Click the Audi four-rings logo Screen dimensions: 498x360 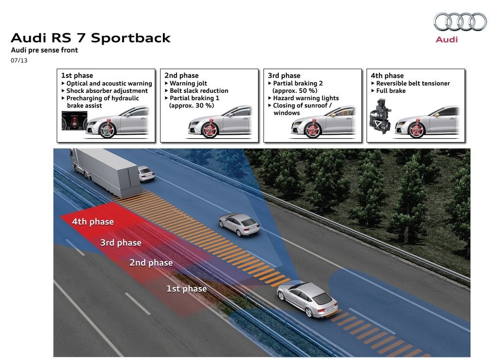(x=460, y=22)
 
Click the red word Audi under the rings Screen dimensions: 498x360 (x=446, y=39)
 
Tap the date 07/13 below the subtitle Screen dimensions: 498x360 (x=19, y=60)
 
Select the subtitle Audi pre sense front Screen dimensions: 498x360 (x=44, y=50)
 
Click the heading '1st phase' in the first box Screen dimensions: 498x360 (x=77, y=75)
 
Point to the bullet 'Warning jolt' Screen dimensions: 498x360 (x=186, y=83)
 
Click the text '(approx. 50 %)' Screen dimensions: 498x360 (x=295, y=90)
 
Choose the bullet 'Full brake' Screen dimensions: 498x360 (x=389, y=90)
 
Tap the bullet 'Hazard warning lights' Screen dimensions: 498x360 (x=303, y=98)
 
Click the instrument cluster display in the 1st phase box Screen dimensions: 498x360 (x=74, y=121)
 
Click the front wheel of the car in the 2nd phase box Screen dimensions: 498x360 (x=210, y=129)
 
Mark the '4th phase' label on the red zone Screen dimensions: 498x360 (x=93, y=221)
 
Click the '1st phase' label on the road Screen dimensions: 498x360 (x=187, y=288)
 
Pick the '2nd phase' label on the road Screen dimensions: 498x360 (x=151, y=263)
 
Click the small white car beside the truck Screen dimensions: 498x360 (x=146, y=174)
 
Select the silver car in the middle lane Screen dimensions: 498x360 (x=239, y=224)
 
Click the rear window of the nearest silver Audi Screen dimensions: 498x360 (x=321, y=299)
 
